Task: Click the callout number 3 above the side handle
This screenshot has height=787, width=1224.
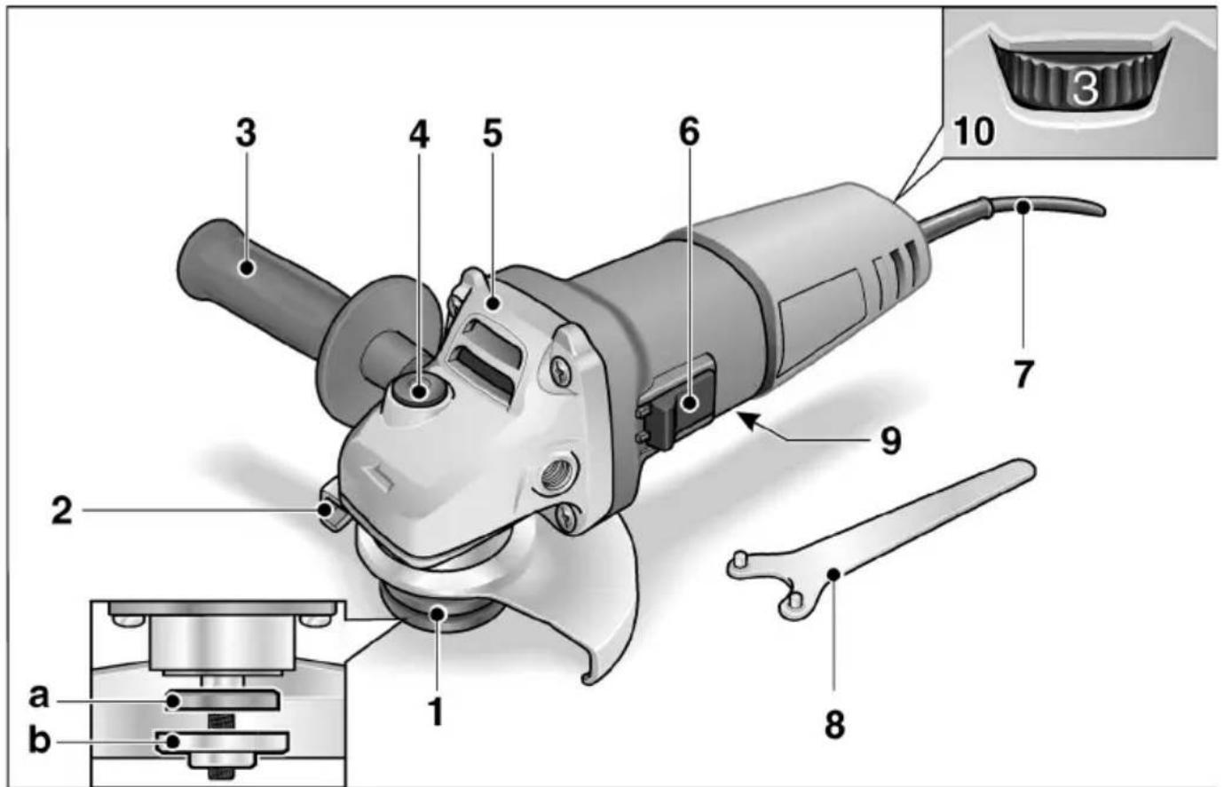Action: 246,134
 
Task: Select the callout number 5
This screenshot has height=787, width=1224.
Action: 493,134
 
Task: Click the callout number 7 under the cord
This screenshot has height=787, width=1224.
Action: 1023,374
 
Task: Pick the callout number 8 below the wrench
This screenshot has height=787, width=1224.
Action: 833,724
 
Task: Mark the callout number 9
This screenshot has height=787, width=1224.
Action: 890,439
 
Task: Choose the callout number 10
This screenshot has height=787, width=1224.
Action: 974,131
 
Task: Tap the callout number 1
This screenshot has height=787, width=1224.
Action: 435,710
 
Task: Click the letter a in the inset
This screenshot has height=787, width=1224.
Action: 38,696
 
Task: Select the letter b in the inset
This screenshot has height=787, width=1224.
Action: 39,739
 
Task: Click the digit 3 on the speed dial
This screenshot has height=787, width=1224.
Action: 1085,87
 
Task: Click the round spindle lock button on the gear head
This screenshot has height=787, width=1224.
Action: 418,390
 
